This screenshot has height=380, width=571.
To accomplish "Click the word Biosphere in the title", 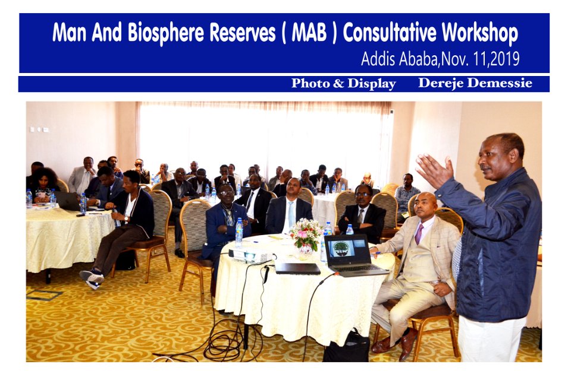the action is point(166,33).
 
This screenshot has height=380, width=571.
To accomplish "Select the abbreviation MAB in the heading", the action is point(309,33).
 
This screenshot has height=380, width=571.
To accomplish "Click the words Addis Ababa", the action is point(400,59).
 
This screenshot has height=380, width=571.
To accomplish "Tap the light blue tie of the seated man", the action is point(291,214).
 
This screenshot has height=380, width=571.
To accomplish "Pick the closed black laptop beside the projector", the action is point(297,268).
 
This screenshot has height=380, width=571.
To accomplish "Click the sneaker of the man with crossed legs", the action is point(92,278).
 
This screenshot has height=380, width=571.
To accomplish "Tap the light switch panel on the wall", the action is point(39,129).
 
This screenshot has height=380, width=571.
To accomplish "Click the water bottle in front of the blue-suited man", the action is point(239,232).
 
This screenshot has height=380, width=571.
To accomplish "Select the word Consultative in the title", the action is point(389,33).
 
